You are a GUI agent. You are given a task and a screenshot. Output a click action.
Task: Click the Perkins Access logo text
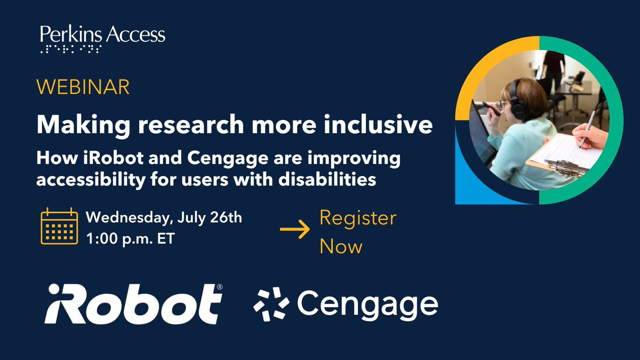102,35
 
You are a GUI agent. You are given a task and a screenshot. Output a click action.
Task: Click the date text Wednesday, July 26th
164,218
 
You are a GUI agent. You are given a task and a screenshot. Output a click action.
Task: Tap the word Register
358,219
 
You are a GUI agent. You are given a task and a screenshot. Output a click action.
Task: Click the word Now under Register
341,246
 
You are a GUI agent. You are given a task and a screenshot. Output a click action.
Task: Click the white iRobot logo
133,304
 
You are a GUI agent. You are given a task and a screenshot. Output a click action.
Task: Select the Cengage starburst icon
271,303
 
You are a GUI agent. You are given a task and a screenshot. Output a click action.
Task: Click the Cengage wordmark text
367,304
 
